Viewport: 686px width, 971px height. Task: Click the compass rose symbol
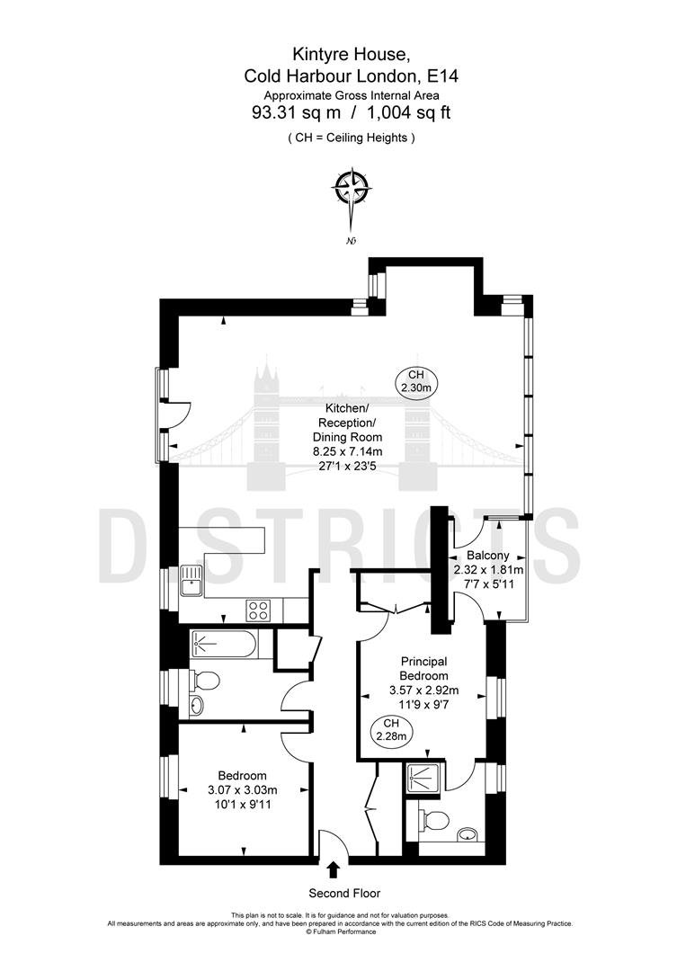[352, 187]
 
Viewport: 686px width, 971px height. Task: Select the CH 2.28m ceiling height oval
[391, 730]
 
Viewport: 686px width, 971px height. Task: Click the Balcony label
[488, 556]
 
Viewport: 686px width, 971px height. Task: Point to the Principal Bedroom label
[423, 669]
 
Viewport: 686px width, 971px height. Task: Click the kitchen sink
[192, 581]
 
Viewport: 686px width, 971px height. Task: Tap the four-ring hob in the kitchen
[258, 611]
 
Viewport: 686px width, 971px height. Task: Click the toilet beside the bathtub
[204, 681]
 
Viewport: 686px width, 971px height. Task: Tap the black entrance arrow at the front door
[333, 869]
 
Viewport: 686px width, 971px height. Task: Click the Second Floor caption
[345, 893]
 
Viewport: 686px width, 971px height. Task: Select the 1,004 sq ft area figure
[409, 112]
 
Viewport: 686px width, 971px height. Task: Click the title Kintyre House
[351, 55]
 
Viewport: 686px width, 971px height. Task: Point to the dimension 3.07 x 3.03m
[243, 790]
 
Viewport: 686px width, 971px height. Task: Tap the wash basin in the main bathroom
[197, 706]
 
